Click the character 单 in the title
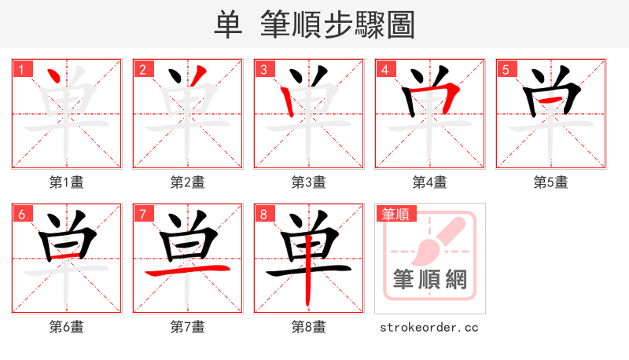pos(228,24)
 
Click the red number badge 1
pos(21,68)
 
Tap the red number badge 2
pos(142,68)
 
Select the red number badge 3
pos(263,68)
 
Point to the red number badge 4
pos(384,68)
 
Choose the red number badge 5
pos(506,68)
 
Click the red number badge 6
pos(21,213)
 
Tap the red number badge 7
pos(142,213)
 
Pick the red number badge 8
pos(263,213)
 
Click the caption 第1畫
pos(67,182)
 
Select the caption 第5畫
pos(551,182)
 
